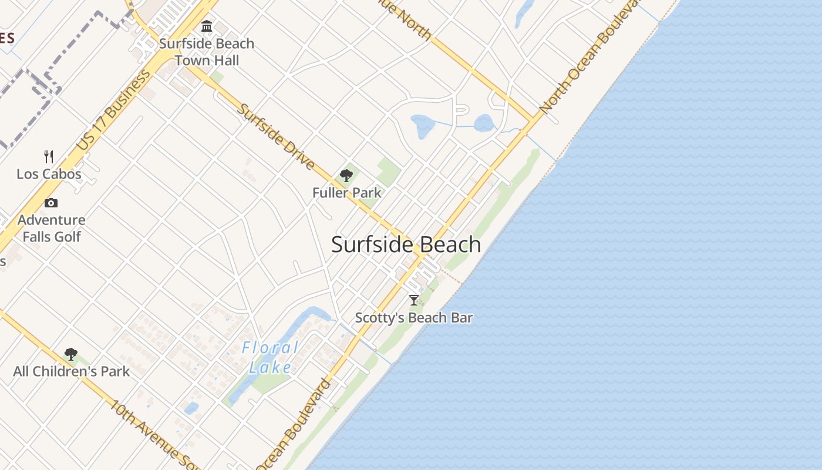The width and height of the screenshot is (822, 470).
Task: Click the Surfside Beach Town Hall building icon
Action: (x=207, y=26)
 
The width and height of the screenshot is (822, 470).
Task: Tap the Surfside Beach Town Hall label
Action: (x=207, y=52)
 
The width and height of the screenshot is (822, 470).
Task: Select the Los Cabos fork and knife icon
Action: (x=49, y=157)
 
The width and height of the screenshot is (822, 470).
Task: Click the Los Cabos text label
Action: (x=49, y=174)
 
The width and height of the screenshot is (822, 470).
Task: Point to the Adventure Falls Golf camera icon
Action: (x=51, y=203)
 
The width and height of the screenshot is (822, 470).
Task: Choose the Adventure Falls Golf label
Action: (x=52, y=228)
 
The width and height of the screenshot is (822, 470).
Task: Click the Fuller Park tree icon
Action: (x=346, y=175)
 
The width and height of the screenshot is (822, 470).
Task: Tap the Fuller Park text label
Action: (x=346, y=193)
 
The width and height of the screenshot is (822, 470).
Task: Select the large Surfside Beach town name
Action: (x=406, y=244)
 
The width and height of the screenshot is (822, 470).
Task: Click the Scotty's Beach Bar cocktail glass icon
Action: (x=414, y=301)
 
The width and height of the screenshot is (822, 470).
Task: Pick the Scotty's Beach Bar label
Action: (x=414, y=318)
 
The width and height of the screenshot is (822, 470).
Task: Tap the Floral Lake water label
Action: (x=270, y=357)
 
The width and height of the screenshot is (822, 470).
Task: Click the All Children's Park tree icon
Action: (x=71, y=354)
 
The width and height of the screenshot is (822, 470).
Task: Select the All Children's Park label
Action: (x=72, y=371)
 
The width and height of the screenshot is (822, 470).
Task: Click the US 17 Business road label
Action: (x=113, y=112)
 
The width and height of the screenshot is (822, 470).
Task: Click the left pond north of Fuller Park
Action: (x=423, y=125)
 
